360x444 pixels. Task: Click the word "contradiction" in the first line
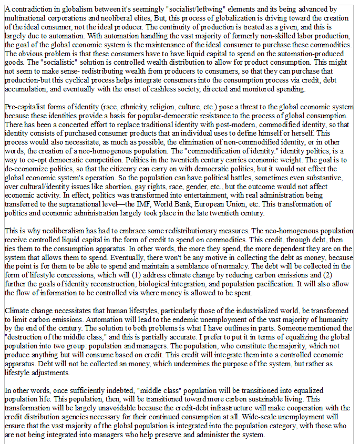point(29,9)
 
